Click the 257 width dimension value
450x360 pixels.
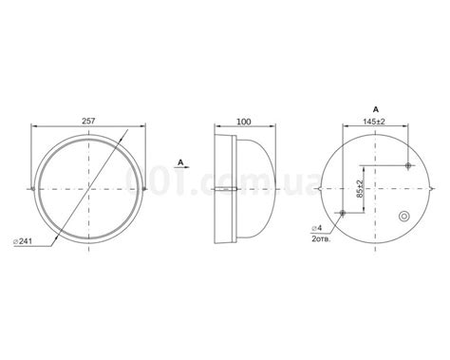[x=88, y=121]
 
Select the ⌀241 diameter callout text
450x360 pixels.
[x=23, y=241]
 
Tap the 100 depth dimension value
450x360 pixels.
[x=244, y=122]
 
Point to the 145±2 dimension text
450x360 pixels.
[x=374, y=122]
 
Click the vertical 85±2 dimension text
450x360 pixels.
[x=359, y=189]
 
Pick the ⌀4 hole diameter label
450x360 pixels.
[x=317, y=228]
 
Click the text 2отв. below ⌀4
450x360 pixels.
[x=321, y=239]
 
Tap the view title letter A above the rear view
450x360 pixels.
[x=376, y=109]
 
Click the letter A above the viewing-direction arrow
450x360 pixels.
[x=180, y=162]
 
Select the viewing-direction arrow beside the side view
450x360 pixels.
[x=181, y=167]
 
